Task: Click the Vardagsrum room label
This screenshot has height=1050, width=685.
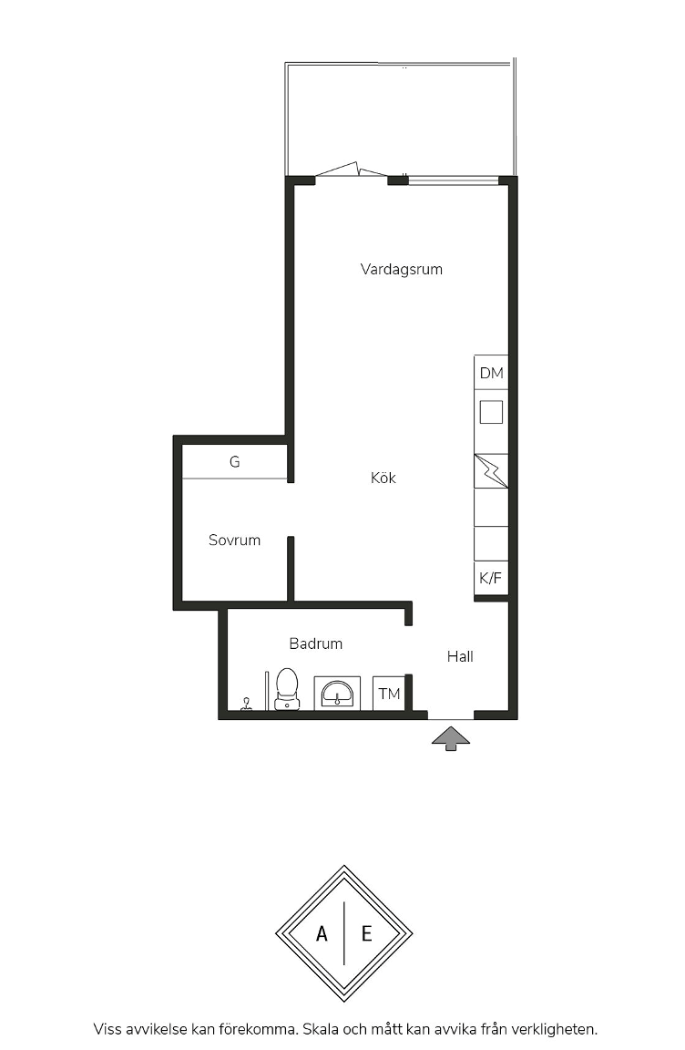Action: click(x=402, y=269)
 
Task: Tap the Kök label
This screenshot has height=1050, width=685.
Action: click(x=383, y=478)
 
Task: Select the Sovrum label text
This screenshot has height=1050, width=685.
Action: click(x=234, y=540)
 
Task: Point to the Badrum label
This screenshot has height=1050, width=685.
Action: click(x=316, y=643)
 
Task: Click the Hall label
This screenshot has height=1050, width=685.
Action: click(x=460, y=656)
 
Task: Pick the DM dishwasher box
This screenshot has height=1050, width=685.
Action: click(x=491, y=372)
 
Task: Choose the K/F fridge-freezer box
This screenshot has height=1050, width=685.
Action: click(x=491, y=578)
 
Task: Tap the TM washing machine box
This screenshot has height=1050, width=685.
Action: click(x=389, y=694)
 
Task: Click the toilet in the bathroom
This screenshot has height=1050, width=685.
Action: click(x=287, y=688)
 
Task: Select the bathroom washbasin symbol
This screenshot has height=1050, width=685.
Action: click(x=337, y=693)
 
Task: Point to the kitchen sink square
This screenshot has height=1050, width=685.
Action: click(x=491, y=412)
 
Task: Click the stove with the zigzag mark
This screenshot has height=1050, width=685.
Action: click(x=491, y=470)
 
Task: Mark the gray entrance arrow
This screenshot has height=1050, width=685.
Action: click(x=451, y=738)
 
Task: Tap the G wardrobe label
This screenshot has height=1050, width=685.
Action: click(x=234, y=461)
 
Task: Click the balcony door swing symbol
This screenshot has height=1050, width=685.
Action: click(x=351, y=169)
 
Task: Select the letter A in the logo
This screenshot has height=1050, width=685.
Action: click(x=322, y=933)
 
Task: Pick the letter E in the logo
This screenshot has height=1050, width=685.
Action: click(x=366, y=933)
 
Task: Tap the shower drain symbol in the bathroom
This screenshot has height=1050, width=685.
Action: click(x=246, y=704)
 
